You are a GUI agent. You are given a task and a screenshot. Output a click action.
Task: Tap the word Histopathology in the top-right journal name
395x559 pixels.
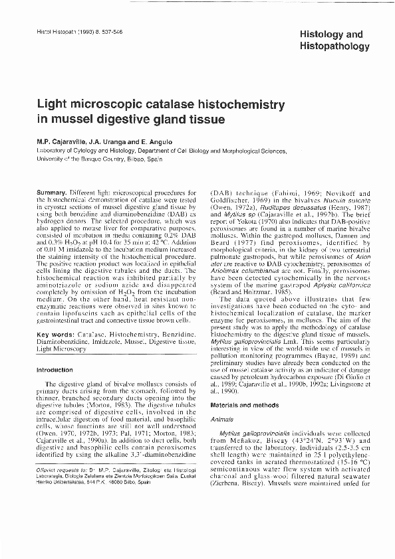coord(335,47)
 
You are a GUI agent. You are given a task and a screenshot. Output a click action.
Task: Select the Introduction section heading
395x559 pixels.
coord(55,370)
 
